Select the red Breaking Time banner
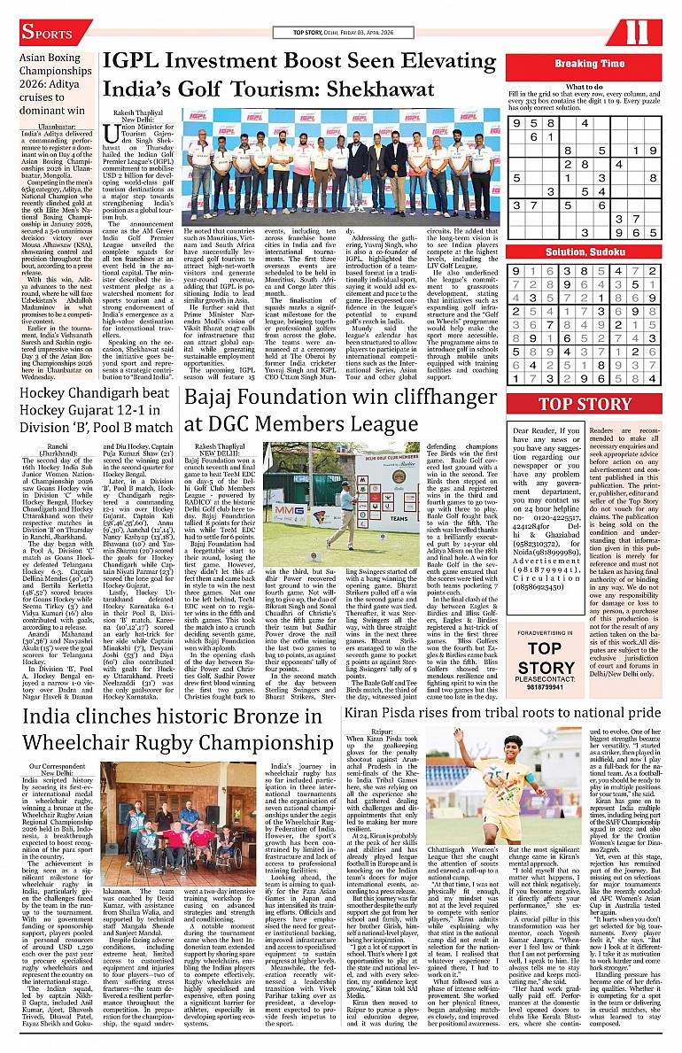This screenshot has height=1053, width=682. [589, 64]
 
